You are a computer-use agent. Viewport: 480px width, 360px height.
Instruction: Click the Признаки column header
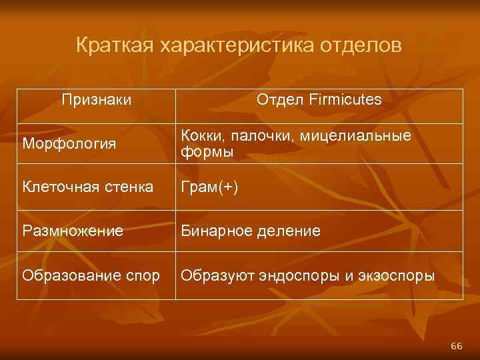[x=96, y=100]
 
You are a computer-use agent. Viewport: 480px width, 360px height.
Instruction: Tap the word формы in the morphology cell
[x=207, y=152]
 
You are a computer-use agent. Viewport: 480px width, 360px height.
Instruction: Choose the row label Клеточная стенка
[x=87, y=187]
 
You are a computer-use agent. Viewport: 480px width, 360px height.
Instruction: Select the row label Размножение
[x=73, y=231]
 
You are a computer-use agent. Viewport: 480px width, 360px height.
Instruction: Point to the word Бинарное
[x=214, y=231]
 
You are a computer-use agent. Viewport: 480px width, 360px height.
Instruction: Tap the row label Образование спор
[x=91, y=275]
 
